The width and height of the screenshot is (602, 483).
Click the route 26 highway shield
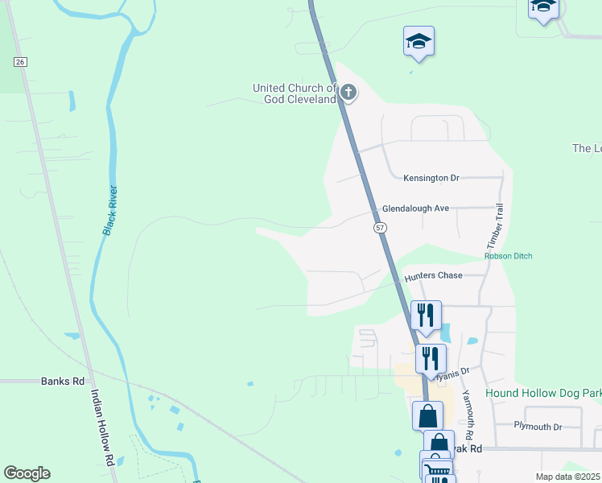20,62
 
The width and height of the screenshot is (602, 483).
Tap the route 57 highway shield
380,228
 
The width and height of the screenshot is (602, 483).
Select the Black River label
110,210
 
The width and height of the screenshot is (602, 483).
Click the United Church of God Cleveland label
294,93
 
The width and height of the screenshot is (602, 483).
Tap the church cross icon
348,93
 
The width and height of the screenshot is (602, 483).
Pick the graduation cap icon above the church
419,40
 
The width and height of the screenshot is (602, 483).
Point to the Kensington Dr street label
431,177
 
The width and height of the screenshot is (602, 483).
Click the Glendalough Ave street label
415,208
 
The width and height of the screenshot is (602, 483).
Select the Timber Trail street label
493,225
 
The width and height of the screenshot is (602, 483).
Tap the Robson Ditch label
508,256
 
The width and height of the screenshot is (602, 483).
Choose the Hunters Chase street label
433,275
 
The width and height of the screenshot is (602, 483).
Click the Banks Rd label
63,381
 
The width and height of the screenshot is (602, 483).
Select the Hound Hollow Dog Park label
543,393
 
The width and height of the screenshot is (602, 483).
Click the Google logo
27,473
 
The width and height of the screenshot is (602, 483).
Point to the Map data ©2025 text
567,477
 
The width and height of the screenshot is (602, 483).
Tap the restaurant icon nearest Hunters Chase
426,314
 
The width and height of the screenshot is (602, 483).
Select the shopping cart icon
435,466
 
